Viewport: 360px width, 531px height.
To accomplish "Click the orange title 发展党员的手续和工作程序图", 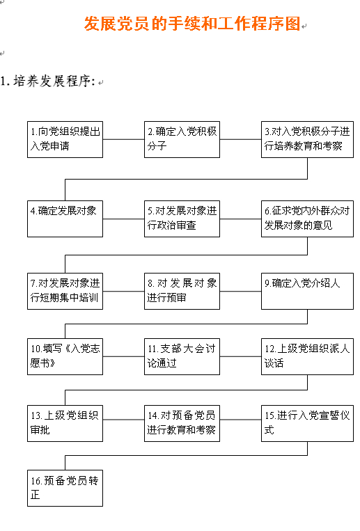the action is point(192,24).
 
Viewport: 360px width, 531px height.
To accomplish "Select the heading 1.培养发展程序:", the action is point(48,81).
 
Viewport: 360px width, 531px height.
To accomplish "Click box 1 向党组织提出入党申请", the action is point(65,139).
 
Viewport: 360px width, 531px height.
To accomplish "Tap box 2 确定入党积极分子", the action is point(182,139).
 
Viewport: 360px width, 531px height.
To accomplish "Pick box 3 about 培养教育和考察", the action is point(308,139).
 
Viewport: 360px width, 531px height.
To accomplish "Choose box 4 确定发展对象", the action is point(65,219).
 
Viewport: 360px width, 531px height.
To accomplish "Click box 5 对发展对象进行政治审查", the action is point(182,219).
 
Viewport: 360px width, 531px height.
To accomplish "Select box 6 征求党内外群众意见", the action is point(308,219).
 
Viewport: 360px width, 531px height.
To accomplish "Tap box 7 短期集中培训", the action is point(65,291).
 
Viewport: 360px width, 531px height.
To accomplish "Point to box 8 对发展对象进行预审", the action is point(182,291).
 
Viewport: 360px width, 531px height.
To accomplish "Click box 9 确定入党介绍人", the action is point(308,291).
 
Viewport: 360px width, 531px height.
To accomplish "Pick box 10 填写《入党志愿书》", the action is point(65,356).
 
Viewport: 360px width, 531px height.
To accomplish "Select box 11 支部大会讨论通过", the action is point(182,356).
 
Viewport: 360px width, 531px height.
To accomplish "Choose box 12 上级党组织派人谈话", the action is point(308,356).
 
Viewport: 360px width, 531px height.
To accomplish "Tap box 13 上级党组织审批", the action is point(65,423).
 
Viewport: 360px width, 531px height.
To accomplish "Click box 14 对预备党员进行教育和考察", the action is point(182,423).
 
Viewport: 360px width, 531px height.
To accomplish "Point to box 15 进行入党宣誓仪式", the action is point(308,423).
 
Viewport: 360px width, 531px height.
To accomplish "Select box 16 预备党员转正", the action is point(65,489).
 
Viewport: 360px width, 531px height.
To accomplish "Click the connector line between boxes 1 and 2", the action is point(124,139).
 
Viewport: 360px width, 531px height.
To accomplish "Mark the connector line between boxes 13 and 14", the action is point(124,420).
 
